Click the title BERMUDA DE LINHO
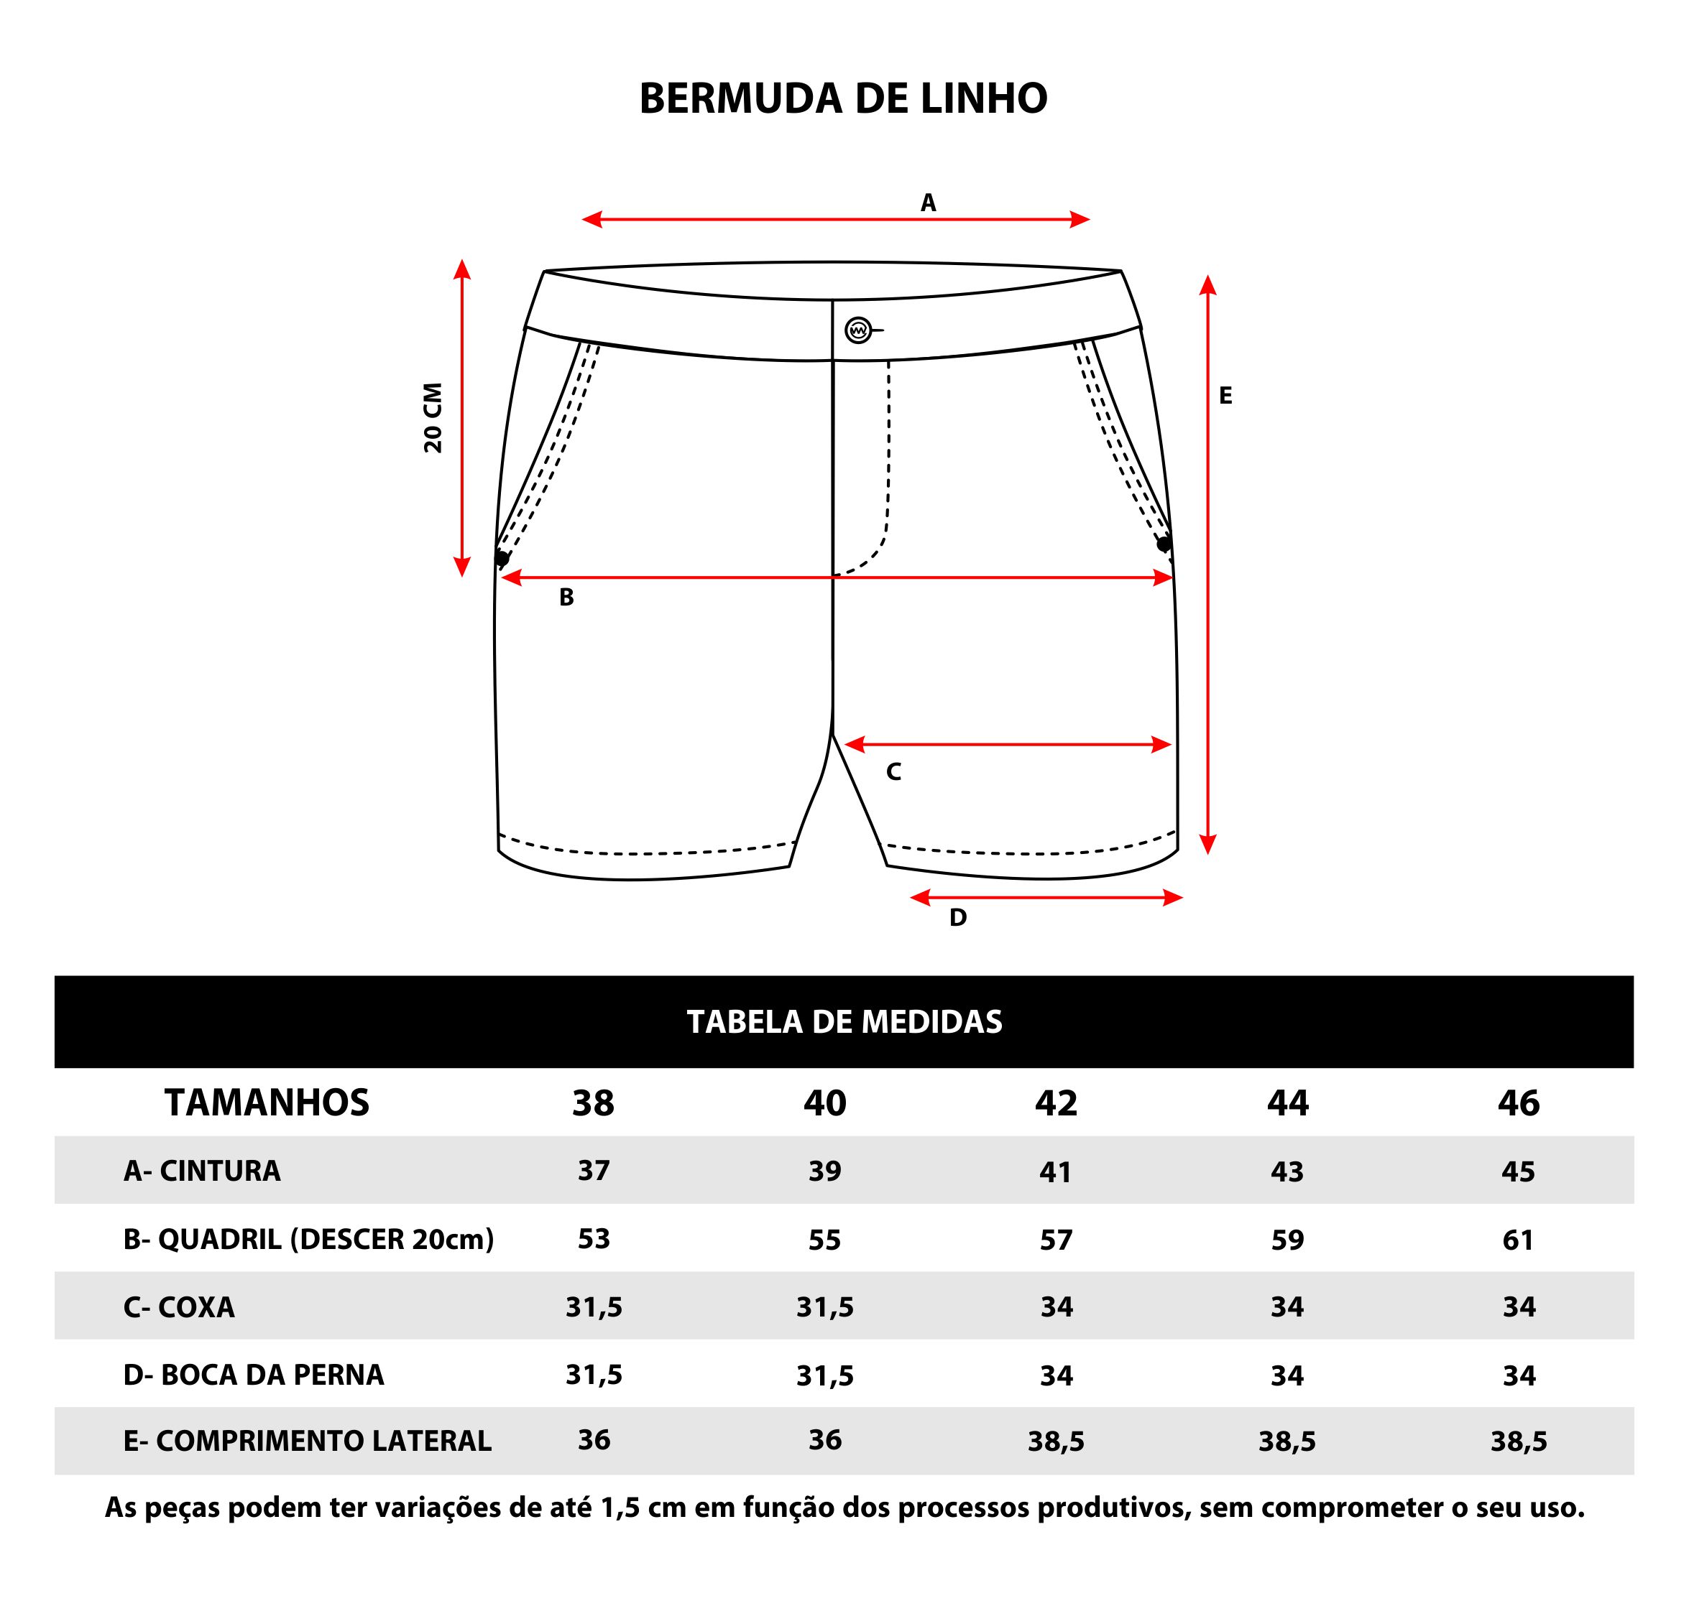pos(843,98)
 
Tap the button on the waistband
pos(858,330)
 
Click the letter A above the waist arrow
pos(928,203)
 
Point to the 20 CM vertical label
pos(433,417)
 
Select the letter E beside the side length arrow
pos(1225,396)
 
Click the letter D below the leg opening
pos(958,918)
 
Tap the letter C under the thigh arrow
pos(893,772)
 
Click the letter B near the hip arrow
pos(566,598)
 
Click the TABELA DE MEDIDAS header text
pos(844,1022)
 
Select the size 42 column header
pos(1056,1102)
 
